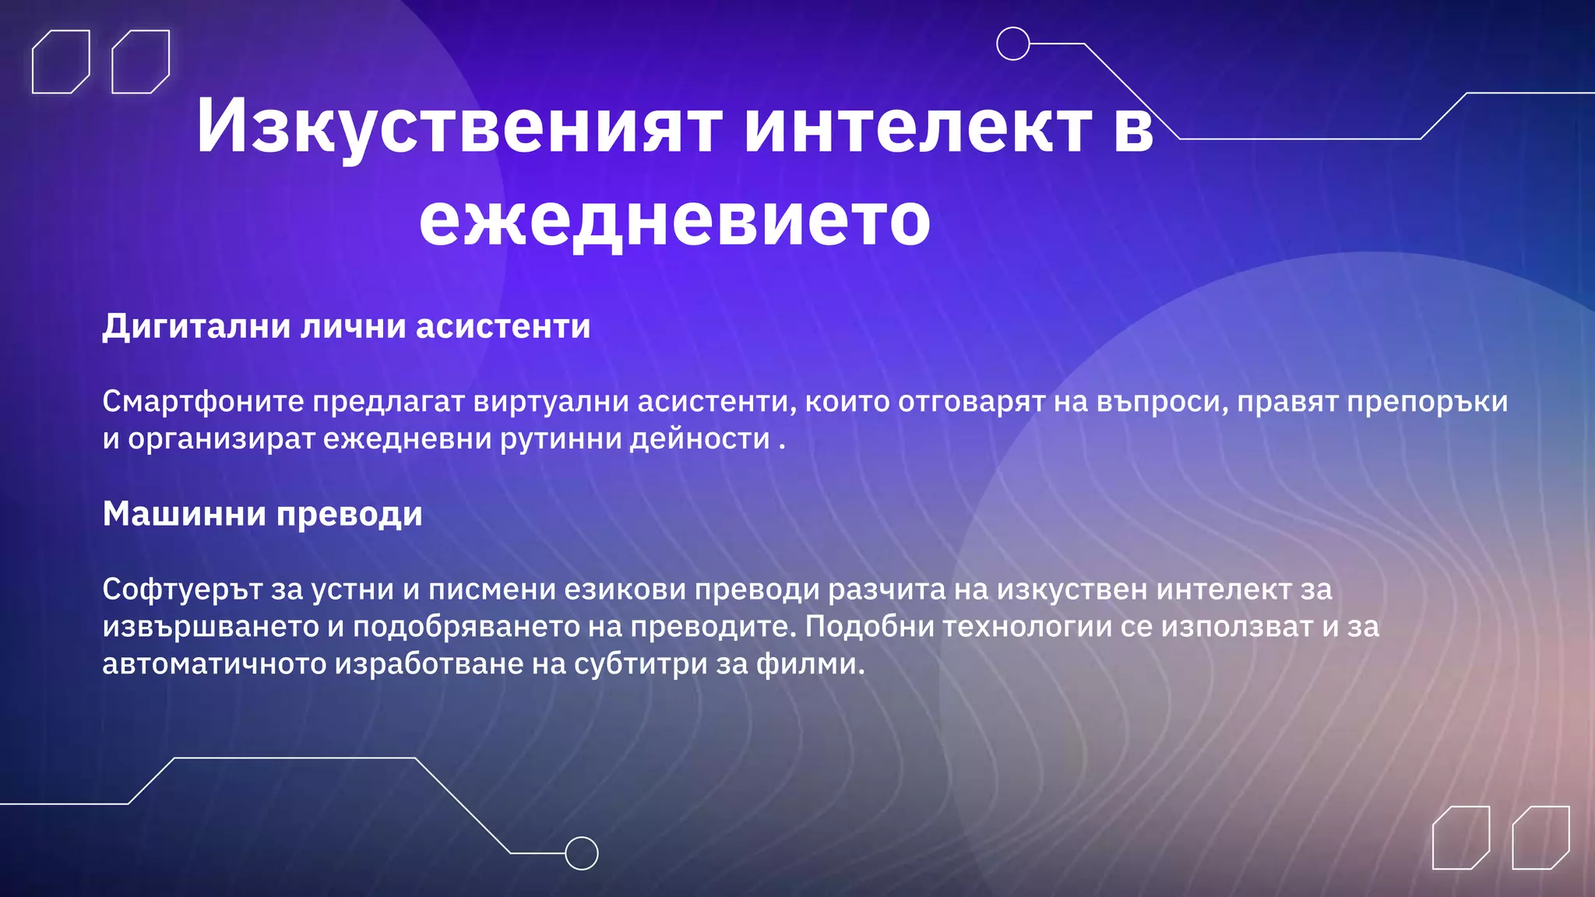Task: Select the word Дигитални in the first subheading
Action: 198,326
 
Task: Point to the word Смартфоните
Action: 203,402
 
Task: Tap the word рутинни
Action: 560,439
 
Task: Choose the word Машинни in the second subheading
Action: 185,514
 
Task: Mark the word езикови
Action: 625,589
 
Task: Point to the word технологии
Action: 1027,627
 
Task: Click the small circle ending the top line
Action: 1013,44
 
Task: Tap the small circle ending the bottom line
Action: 581,853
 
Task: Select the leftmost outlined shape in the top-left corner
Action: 61,62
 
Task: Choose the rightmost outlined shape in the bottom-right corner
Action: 1540,837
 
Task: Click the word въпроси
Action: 1161,402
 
